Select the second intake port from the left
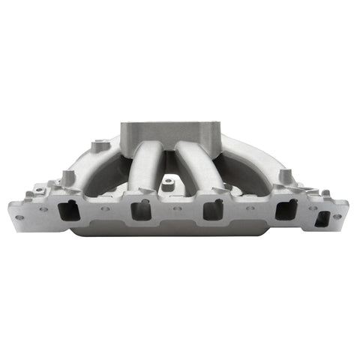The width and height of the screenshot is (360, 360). tap(140, 210)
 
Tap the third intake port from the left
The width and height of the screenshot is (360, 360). tap(213, 210)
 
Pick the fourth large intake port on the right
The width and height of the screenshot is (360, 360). tap(285, 209)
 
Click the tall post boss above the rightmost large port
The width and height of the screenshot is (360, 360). tap(286, 177)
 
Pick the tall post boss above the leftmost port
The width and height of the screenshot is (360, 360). tap(67, 177)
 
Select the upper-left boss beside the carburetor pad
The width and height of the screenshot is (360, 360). tap(97, 144)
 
